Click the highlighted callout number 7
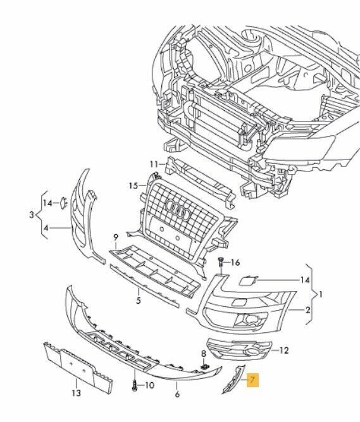(x=253, y=380)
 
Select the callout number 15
(x=133, y=185)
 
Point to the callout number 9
(x=116, y=238)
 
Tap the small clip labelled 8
(x=204, y=366)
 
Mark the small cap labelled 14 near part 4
(x=65, y=202)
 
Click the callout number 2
(x=308, y=310)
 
